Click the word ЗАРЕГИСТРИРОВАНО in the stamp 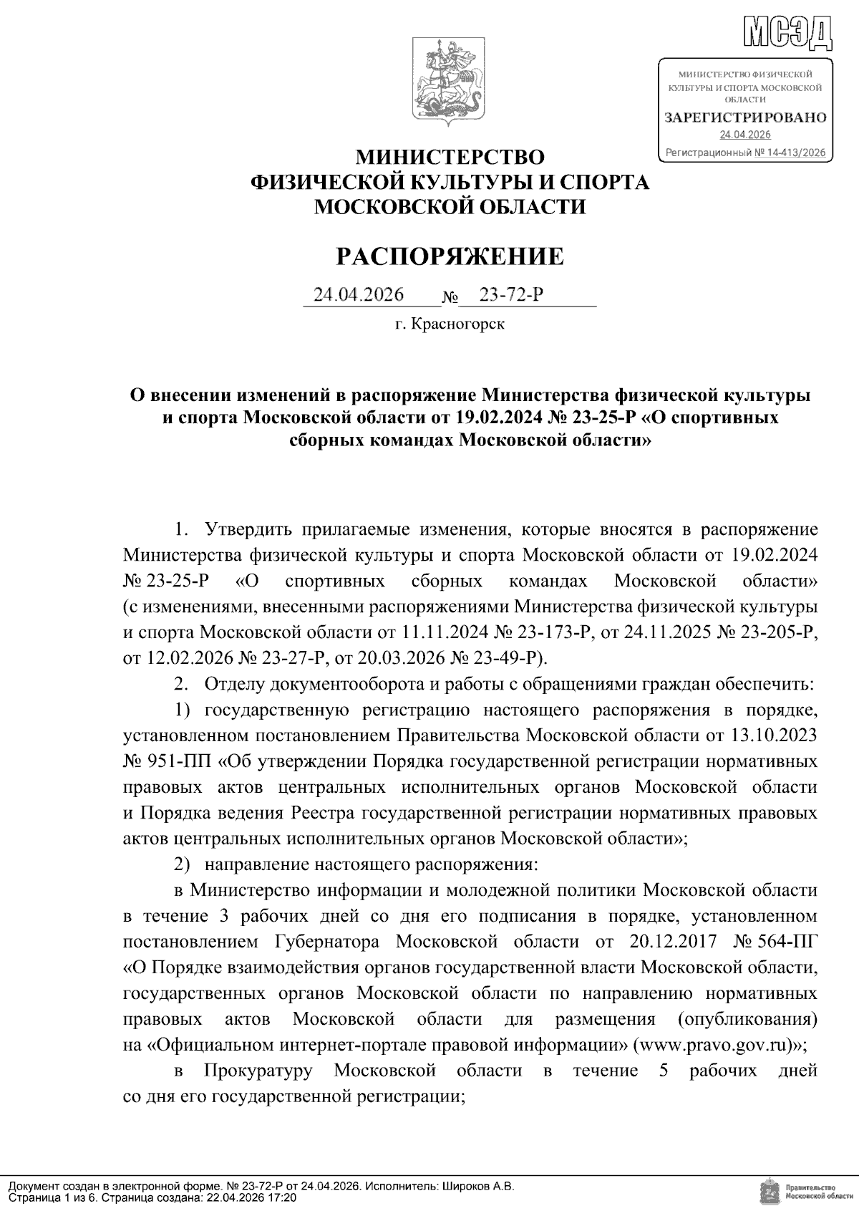[x=745, y=117]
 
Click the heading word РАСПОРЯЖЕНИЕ [x=450, y=256]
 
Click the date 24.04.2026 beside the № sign [x=359, y=294]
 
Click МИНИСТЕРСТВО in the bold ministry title [x=450, y=157]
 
